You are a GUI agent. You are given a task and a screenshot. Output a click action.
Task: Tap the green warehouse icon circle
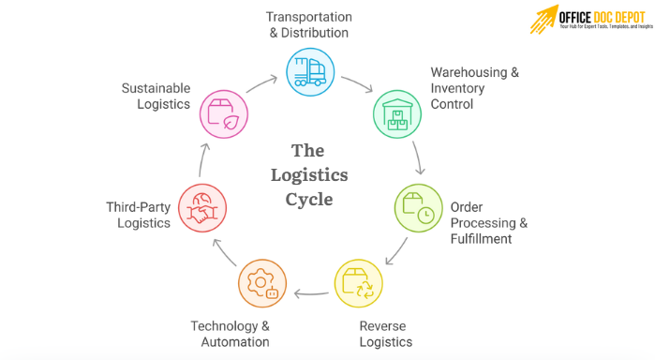tap(397, 113)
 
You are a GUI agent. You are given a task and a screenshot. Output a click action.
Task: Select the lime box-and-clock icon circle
tap(417, 207)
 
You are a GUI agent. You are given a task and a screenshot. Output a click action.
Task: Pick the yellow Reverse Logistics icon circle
tap(358, 285)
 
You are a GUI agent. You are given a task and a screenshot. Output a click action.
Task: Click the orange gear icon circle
tap(261, 285)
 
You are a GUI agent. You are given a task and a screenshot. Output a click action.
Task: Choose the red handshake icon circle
tap(202, 207)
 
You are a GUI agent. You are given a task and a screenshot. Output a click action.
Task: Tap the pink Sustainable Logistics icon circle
tap(223, 113)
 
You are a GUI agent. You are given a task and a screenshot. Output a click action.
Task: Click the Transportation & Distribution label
tap(309, 25)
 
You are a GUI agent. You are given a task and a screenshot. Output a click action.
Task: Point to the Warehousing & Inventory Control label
tap(474, 88)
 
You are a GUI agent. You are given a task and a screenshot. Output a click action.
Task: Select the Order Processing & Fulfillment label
tap(489, 223)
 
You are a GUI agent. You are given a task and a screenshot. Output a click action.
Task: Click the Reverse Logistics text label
tap(385, 334)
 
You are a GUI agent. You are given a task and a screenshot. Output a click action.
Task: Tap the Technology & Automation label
tap(231, 334)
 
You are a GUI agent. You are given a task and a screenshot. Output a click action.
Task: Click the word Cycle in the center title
tap(309, 199)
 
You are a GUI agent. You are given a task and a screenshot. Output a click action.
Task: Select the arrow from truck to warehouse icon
tap(356, 83)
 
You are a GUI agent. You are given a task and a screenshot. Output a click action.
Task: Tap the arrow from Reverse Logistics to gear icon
tap(310, 293)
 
